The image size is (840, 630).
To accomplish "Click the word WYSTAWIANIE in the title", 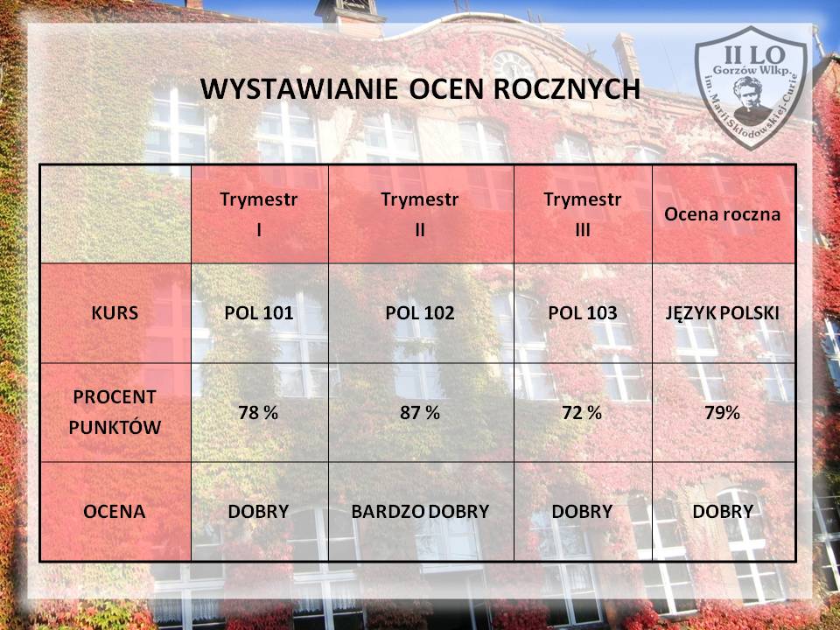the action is coord(299,89).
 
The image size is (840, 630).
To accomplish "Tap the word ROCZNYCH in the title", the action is coord(566,89).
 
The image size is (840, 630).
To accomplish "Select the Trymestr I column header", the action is coord(259,214).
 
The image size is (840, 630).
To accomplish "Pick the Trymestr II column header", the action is coord(420,214).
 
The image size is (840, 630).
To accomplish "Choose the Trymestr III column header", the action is coord(583,214).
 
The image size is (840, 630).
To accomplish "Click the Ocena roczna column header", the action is coord(722,214).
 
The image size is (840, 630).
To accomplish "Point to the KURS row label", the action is coord(115,313).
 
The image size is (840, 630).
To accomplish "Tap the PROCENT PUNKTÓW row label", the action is coord(115,412).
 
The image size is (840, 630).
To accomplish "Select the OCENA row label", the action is coord(114,512).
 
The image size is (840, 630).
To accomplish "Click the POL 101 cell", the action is coord(259,313).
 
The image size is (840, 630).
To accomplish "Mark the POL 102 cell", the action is coord(420,313).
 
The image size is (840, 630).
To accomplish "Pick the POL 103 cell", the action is coord(583,313).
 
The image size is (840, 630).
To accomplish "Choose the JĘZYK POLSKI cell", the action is coord(722,313).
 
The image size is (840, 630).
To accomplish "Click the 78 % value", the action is coord(258,412).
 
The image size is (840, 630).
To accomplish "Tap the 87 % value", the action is coord(420,412).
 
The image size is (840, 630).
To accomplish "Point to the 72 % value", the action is coord(582,412).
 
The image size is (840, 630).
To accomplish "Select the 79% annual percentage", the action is coord(722,412).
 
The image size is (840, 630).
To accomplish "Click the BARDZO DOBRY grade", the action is coord(420,512).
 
